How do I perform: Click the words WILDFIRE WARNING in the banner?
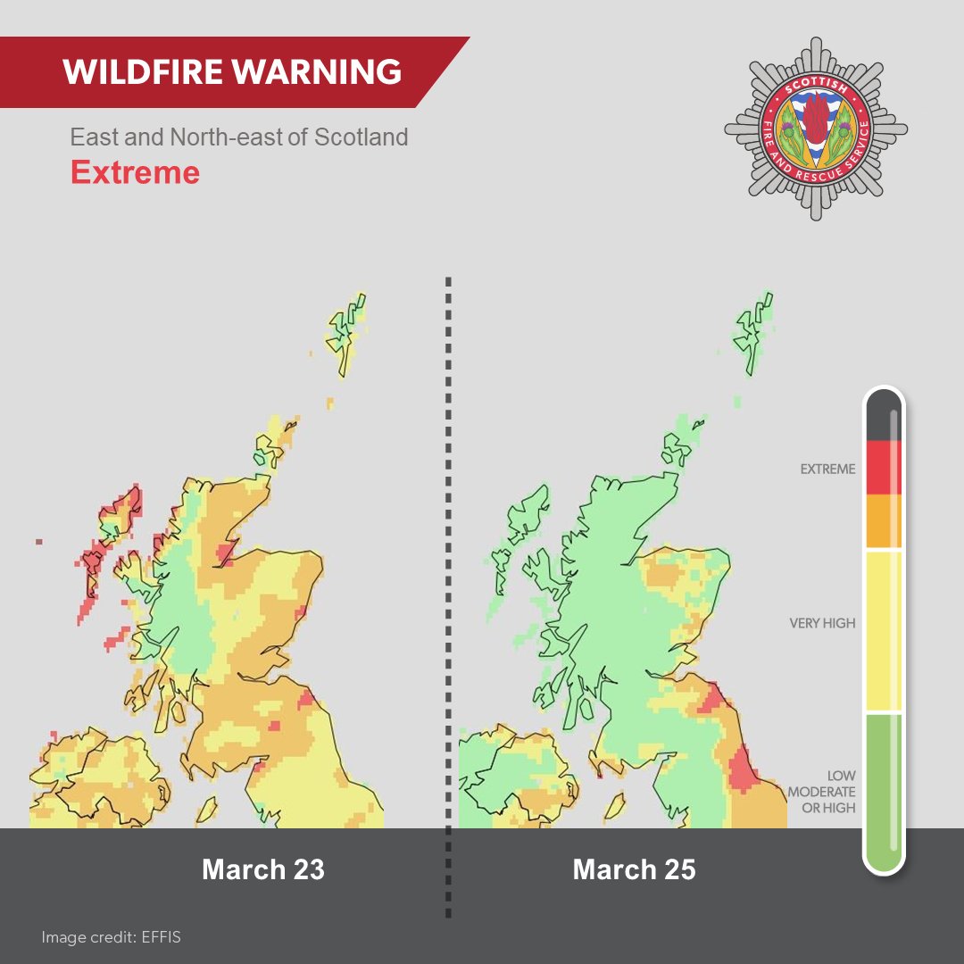(x=232, y=71)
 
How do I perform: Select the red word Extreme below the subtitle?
(x=135, y=171)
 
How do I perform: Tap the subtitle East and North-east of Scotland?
(x=239, y=137)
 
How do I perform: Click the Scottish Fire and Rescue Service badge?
(x=815, y=129)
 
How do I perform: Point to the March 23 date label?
(x=263, y=869)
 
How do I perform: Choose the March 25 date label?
(x=634, y=869)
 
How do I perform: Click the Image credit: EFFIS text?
(x=111, y=937)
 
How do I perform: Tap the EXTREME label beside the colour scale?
(x=827, y=469)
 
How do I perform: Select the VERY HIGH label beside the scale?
(x=822, y=623)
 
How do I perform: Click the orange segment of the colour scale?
(x=883, y=521)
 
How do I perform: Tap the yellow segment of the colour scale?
(x=883, y=630)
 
